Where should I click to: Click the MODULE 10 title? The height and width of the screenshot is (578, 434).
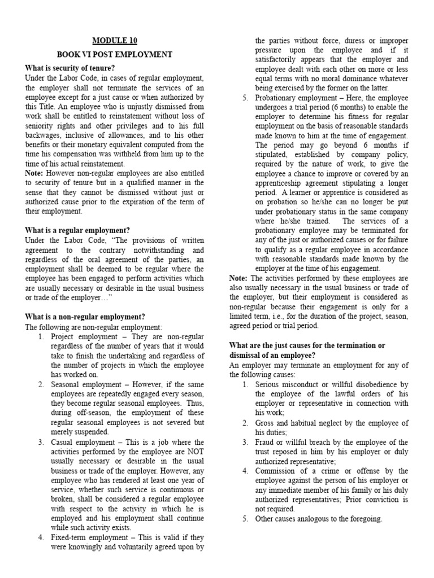(x=114, y=41)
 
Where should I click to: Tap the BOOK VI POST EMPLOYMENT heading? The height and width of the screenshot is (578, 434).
(x=114, y=55)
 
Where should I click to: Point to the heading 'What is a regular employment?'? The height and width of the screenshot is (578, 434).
(x=77, y=230)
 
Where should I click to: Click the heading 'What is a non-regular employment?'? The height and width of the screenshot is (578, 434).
(x=85, y=317)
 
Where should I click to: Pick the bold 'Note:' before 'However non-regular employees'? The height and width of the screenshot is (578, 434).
(x=34, y=172)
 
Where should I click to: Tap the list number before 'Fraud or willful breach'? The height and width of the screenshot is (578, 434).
(x=245, y=442)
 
